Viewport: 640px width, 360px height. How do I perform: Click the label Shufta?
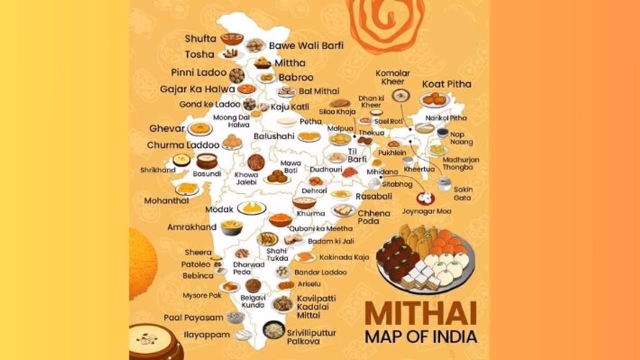click(200, 38)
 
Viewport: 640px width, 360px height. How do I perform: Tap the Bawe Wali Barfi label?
click(306, 45)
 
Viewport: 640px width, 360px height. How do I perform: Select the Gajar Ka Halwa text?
click(197, 89)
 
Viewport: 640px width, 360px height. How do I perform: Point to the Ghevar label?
click(167, 128)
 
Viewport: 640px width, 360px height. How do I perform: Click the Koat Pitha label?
click(446, 83)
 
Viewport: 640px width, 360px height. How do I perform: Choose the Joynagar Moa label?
click(426, 211)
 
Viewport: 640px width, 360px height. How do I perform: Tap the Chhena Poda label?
click(374, 217)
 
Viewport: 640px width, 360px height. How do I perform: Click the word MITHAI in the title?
click(420, 313)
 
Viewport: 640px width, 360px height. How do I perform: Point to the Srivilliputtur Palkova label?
click(311, 336)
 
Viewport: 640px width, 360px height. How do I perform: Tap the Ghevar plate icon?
click(200, 128)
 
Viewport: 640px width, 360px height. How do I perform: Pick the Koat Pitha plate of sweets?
click(434, 99)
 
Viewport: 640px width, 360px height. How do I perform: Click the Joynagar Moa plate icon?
click(425, 198)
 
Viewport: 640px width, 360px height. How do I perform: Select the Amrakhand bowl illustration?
click(231, 227)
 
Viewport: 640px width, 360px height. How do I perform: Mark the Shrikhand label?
click(158, 170)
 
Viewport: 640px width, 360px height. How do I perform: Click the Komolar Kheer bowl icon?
click(400, 95)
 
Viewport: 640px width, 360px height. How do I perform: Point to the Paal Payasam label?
click(193, 317)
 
